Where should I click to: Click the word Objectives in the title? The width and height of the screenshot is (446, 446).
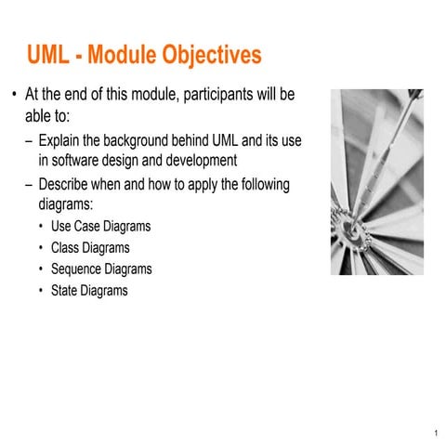tap(212, 55)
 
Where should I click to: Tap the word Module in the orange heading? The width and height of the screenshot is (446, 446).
tap(122, 55)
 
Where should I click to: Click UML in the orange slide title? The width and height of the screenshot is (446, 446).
tap(48, 55)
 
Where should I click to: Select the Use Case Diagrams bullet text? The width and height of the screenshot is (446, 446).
tap(101, 226)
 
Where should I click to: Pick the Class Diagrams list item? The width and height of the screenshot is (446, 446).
tap(90, 248)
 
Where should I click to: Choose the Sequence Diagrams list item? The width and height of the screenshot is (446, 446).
tap(101, 269)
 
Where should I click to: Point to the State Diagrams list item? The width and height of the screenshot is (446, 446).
tap(89, 291)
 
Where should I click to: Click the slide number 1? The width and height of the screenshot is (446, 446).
tap(436, 433)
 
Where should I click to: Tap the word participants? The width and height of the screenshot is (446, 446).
tap(217, 95)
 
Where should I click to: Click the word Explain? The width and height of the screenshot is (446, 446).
tap(59, 141)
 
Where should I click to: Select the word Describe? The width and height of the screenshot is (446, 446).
tap(63, 184)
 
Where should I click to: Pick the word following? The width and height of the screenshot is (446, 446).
tap(266, 185)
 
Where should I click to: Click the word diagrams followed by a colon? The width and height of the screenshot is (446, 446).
tap(66, 204)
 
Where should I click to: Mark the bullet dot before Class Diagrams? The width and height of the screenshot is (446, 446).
tap(41, 248)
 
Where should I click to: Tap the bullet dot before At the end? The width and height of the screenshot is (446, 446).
tap(14, 95)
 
